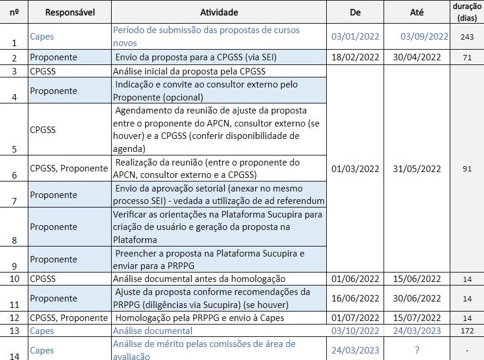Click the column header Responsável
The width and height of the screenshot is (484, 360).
coord(70,12)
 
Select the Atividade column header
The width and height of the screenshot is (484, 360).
coord(219,12)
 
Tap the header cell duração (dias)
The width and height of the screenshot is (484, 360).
coord(467,12)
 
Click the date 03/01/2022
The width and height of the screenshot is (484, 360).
coord(355,37)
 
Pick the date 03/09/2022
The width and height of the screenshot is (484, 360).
coord(424,37)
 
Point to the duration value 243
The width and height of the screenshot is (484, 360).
coord(467,37)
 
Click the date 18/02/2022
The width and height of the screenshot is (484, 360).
coord(355,57)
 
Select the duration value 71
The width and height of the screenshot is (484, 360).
coord(467,57)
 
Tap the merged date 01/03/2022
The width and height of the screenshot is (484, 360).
coord(355,168)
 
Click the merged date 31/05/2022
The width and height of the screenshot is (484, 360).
coord(417,168)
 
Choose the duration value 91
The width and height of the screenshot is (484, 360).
coord(467,168)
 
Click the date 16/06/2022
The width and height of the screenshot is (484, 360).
coord(355,299)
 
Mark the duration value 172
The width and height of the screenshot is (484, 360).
coord(467,331)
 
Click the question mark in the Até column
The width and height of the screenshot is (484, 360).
coord(417,351)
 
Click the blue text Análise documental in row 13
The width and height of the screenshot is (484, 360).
coord(152,331)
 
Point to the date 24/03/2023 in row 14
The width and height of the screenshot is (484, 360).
coord(355,351)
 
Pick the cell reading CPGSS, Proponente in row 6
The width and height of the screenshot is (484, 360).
coord(69,168)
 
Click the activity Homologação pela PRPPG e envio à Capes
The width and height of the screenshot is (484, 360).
coord(200,318)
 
